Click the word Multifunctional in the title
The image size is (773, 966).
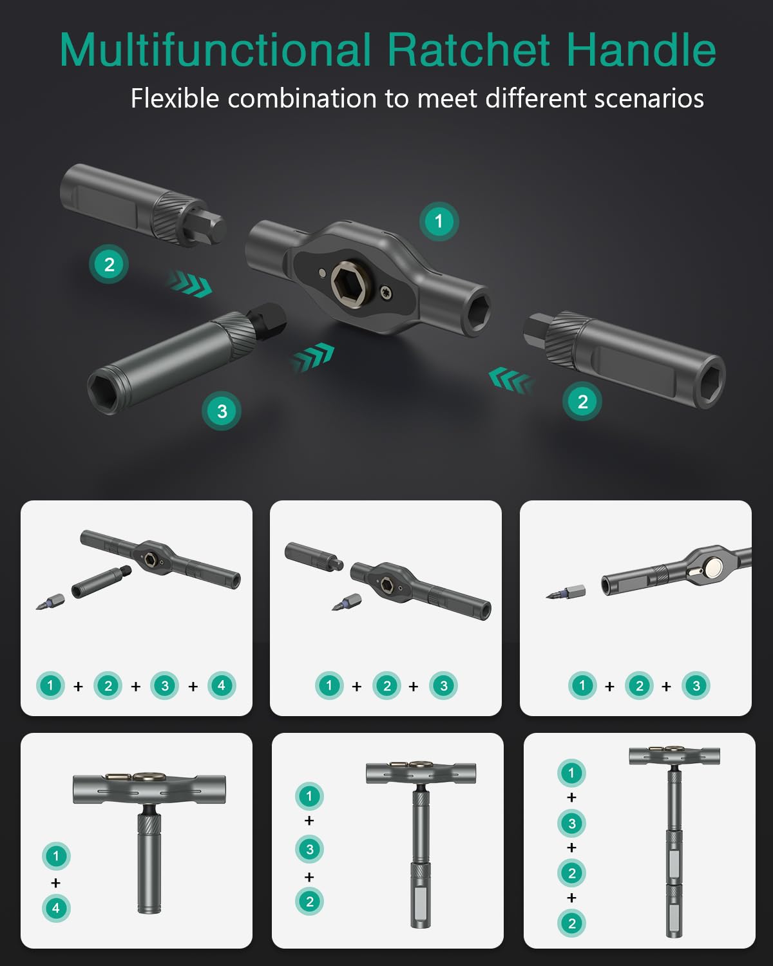click(215, 50)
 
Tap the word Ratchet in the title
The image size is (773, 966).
click(468, 50)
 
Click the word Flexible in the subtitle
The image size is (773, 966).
click(175, 99)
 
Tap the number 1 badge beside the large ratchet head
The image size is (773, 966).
click(439, 222)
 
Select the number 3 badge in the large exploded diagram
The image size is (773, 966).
click(222, 411)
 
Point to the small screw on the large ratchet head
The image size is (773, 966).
click(386, 293)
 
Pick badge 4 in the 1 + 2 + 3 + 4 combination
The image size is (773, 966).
click(221, 685)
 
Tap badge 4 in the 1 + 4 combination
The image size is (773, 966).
click(56, 908)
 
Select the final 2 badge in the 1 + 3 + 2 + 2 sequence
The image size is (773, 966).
click(571, 923)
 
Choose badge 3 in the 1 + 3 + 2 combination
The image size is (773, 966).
click(309, 849)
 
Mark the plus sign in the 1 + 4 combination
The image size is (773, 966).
click(56, 882)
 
